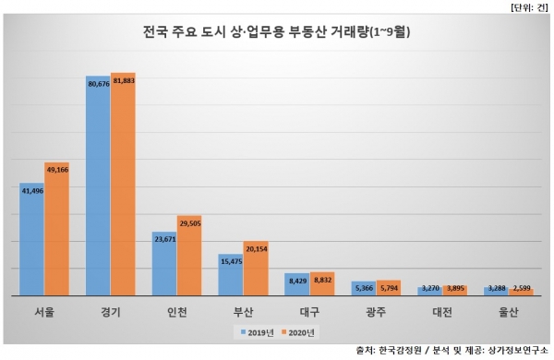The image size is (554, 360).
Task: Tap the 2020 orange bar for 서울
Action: [x=57, y=231]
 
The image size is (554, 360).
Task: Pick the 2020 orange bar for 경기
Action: [x=123, y=185]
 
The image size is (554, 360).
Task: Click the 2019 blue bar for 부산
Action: [x=231, y=275]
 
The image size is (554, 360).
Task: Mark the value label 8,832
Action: [x=321, y=277]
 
